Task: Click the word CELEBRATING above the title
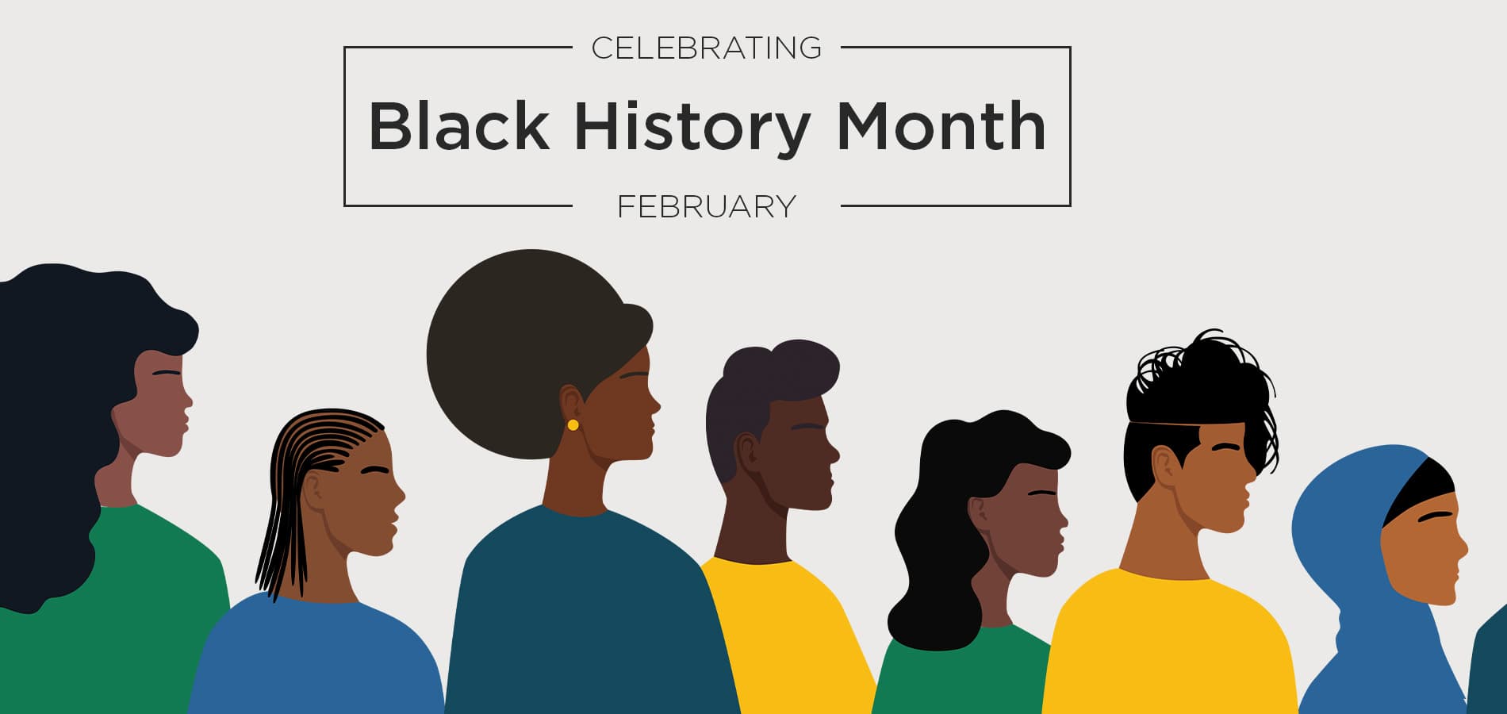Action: pos(706,48)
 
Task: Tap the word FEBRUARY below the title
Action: pos(706,207)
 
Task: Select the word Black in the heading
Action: pos(459,125)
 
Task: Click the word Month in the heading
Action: pos(941,125)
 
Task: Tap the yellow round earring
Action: pos(573,425)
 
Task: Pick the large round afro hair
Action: pos(523,353)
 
